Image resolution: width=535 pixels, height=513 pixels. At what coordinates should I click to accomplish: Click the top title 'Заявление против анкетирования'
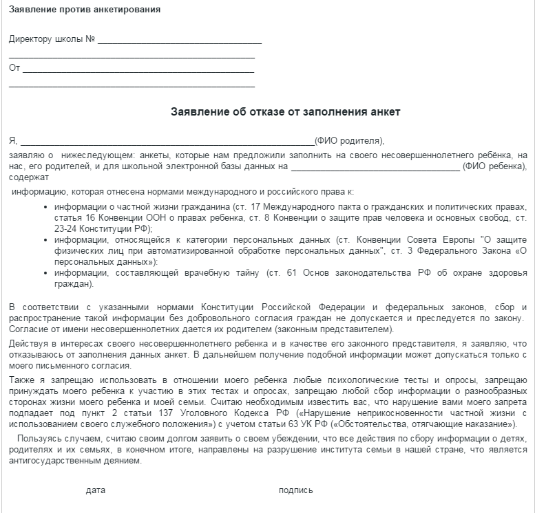(85, 10)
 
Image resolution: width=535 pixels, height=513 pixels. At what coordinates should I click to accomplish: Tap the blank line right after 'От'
(138, 72)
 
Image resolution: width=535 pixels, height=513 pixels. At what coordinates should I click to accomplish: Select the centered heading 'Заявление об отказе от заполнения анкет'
(285, 111)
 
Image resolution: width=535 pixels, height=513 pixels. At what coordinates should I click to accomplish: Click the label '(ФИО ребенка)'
(494, 166)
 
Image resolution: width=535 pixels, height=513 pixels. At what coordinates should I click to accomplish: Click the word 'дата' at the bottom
(96, 490)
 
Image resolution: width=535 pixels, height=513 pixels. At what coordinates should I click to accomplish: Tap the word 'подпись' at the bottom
(295, 490)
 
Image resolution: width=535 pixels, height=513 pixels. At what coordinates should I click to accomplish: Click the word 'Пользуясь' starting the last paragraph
(41, 439)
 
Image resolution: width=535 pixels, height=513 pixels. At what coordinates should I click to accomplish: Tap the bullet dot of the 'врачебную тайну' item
(45, 274)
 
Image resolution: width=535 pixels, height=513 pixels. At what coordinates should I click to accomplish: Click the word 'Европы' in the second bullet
(426, 240)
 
